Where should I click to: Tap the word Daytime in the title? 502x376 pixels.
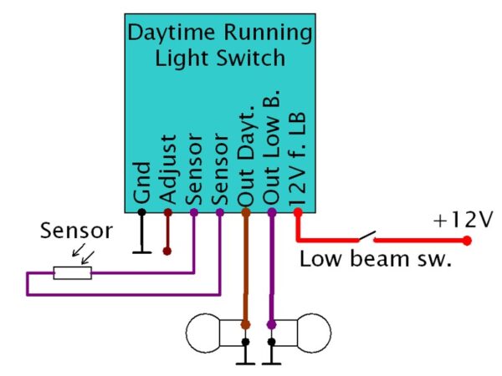pyautogui.click(x=177, y=33)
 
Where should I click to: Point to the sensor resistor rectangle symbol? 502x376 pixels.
pyautogui.click(x=72, y=272)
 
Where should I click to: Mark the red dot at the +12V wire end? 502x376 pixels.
pyautogui.click(x=467, y=241)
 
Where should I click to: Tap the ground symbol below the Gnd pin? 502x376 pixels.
pyautogui.click(x=141, y=249)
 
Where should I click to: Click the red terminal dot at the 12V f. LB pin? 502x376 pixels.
pyautogui.click(x=298, y=212)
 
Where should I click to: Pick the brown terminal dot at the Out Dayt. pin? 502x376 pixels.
pyautogui.click(x=246, y=212)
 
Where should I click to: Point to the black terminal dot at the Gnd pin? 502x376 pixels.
pyautogui.click(x=141, y=212)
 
